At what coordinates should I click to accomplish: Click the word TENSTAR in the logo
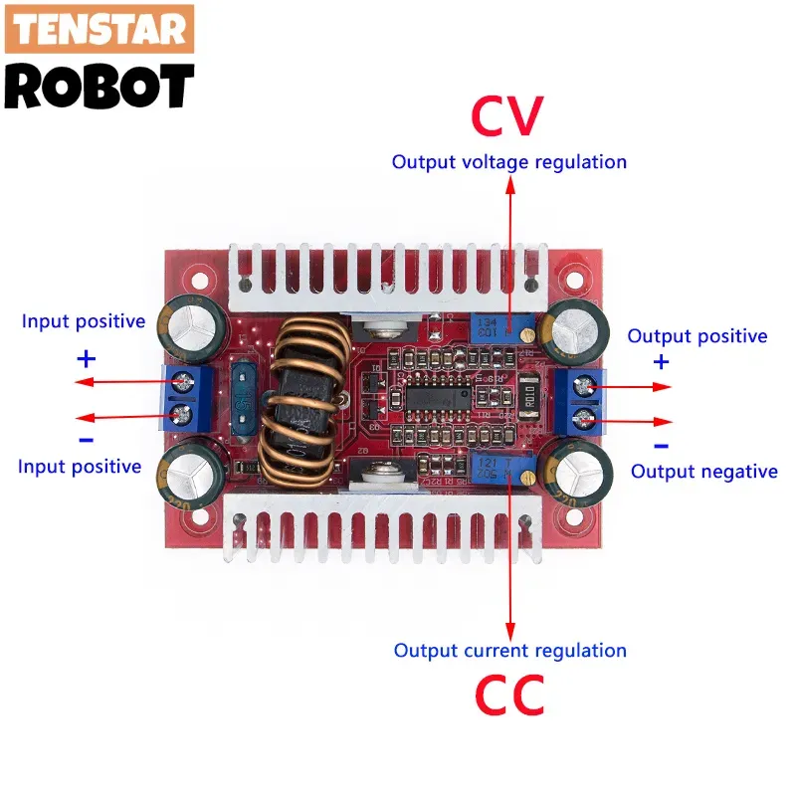(x=99, y=30)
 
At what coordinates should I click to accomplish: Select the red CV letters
(x=507, y=116)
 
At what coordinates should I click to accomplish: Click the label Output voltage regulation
(x=509, y=162)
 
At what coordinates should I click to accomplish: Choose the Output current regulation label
(x=510, y=651)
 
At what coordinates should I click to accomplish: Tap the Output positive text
(x=697, y=336)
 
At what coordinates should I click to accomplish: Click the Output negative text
(x=704, y=472)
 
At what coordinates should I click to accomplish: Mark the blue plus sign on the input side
(x=87, y=357)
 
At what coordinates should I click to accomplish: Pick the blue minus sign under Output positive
(x=662, y=447)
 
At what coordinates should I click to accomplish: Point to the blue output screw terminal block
(x=586, y=400)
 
